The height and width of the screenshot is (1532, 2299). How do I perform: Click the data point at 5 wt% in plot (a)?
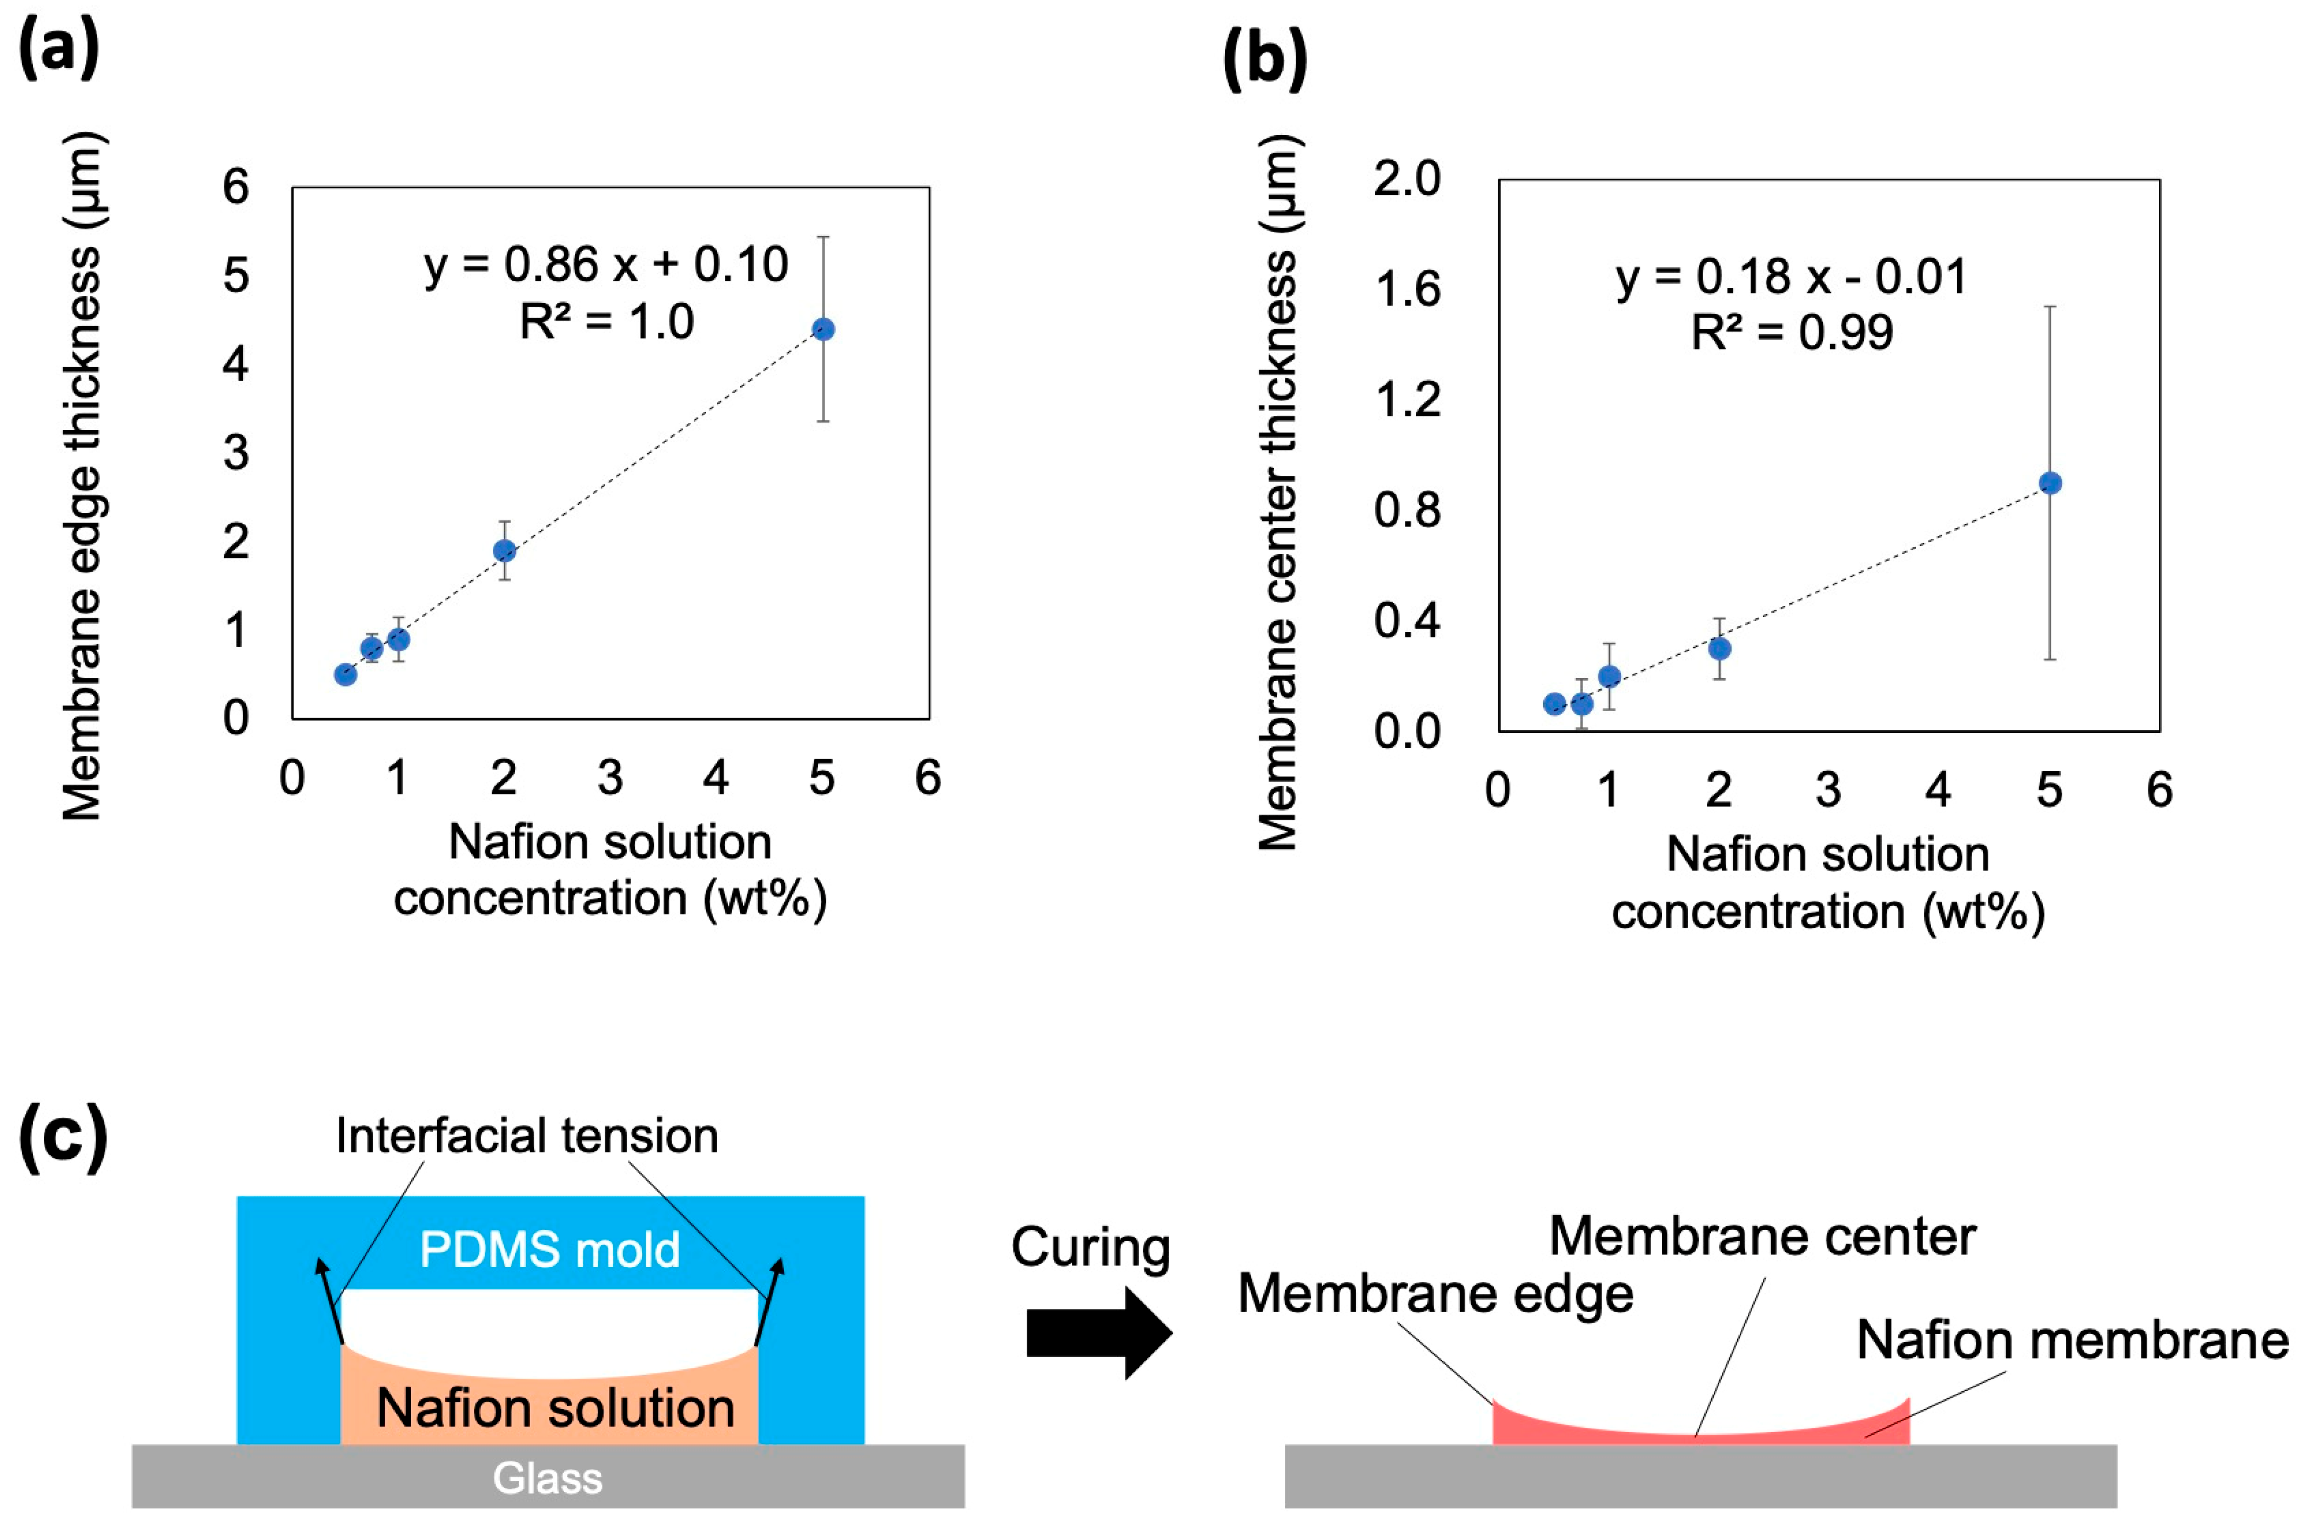(823, 329)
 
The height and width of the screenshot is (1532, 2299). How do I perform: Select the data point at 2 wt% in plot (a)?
(504, 551)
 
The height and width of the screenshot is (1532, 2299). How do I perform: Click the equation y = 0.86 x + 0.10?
(606, 264)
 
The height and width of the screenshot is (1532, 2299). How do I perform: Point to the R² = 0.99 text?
(1792, 332)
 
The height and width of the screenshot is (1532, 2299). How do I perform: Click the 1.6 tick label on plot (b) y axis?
(1407, 289)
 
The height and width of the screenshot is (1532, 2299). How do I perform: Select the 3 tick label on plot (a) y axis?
(236, 453)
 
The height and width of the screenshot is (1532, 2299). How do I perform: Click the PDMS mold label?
(549, 1250)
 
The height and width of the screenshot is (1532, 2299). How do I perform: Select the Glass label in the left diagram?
(547, 1478)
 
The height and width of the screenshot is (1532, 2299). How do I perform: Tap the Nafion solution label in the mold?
(555, 1408)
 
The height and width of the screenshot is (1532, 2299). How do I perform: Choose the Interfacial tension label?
(527, 1135)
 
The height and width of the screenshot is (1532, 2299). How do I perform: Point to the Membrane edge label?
(1435, 1294)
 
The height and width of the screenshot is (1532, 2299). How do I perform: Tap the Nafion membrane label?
(2071, 1340)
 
